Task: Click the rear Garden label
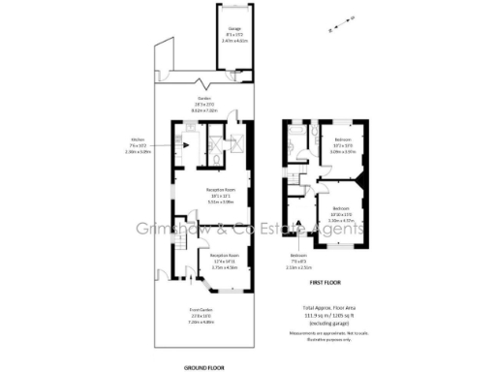coord(203,103)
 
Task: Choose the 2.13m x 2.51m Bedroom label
coord(298,263)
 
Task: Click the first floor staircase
coord(307,199)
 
